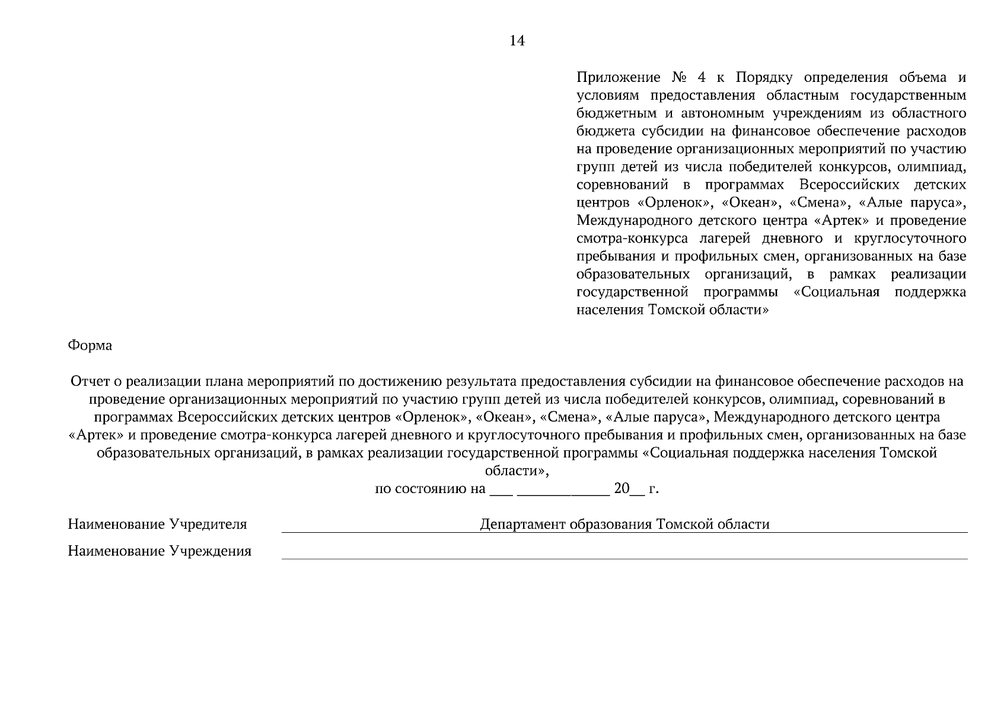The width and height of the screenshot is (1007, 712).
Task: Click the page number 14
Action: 517,41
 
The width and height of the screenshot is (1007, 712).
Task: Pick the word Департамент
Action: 522,525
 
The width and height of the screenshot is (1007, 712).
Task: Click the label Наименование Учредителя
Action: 157,525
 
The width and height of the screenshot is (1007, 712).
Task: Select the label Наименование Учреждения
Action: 160,551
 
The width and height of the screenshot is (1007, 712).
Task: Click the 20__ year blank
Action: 628,490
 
